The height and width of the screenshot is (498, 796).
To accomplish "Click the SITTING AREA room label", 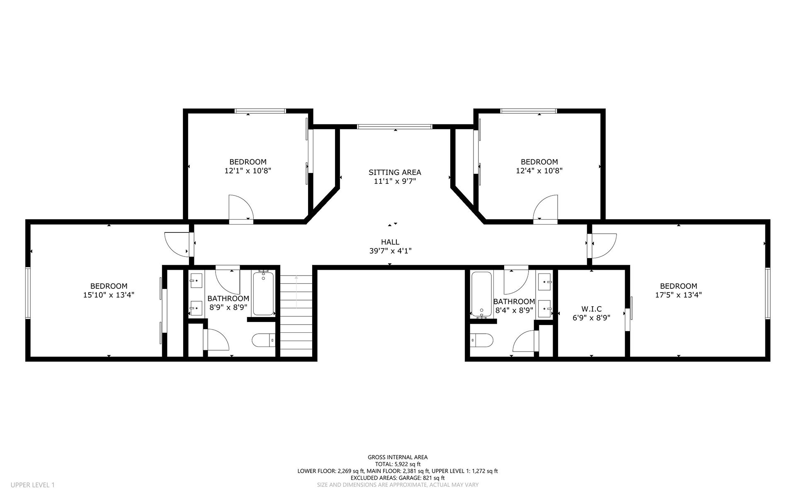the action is [395, 172].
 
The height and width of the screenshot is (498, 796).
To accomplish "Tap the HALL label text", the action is [390, 242].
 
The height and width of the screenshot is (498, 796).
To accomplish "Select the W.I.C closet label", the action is [592, 309].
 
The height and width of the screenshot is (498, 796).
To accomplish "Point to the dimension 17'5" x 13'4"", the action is [679, 295].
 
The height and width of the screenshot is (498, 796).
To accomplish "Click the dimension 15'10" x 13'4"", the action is [109, 295].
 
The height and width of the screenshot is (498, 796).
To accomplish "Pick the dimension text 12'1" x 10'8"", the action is [248, 171].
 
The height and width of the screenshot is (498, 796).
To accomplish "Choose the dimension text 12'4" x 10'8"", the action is [539, 171].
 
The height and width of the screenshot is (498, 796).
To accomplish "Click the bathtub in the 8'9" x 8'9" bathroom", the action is [264, 293].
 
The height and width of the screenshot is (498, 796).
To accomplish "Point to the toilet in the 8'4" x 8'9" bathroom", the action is [482, 340].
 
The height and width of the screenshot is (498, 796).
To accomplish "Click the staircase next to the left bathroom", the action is [296, 315].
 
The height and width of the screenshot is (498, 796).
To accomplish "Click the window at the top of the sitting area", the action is [395, 127].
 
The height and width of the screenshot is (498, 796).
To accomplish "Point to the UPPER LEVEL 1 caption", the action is [33, 485].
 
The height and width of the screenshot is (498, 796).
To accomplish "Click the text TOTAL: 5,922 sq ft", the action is [398, 464].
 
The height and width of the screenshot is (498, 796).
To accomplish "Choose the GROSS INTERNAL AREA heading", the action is [398, 457].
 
